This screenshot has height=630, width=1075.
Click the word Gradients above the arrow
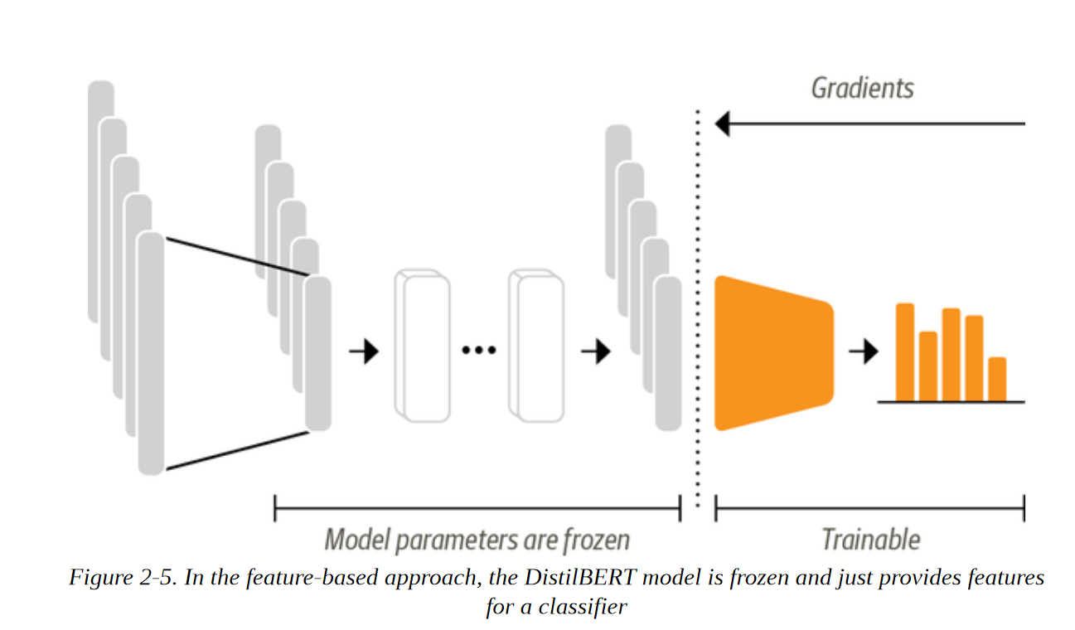pos(862,88)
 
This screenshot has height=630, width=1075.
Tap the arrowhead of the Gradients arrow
pos(722,124)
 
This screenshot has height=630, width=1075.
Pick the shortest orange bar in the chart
pos(997,379)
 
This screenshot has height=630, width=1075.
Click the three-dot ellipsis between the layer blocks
pos(478,351)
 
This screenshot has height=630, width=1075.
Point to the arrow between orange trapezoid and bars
pos(863,352)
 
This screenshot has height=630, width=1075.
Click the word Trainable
pos(870,540)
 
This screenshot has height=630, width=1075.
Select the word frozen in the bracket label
pos(596,540)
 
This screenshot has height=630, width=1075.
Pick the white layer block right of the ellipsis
pos(540,346)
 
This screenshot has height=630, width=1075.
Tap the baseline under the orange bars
pos(951,402)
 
